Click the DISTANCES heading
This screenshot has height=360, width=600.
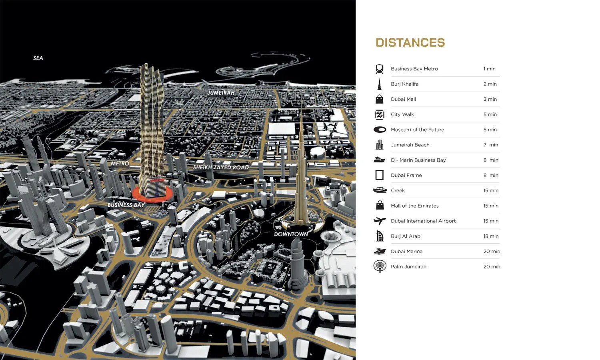(410, 43)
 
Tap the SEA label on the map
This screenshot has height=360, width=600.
(38, 58)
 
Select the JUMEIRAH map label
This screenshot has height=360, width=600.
(221, 93)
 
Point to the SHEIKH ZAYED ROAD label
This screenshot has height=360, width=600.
(221, 167)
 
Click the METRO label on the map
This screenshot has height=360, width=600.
(120, 164)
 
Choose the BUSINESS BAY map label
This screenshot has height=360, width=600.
(126, 205)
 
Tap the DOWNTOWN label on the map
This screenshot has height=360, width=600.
(291, 234)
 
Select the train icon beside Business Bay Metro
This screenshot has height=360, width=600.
(379, 69)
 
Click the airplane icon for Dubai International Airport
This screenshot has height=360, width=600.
(379, 221)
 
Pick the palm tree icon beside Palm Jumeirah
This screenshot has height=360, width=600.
(379, 266)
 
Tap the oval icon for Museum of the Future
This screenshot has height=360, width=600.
(379, 130)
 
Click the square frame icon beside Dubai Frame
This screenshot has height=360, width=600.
(379, 175)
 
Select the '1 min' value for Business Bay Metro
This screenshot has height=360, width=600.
(489, 69)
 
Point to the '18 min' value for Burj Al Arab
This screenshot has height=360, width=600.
(491, 236)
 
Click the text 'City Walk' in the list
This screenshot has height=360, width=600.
(402, 114)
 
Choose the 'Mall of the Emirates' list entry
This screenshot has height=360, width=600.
(415, 206)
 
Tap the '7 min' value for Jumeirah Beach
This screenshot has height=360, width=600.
(491, 145)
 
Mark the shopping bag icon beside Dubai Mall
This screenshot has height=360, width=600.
(379, 99)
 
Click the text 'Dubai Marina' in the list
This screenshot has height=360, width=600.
(406, 251)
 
